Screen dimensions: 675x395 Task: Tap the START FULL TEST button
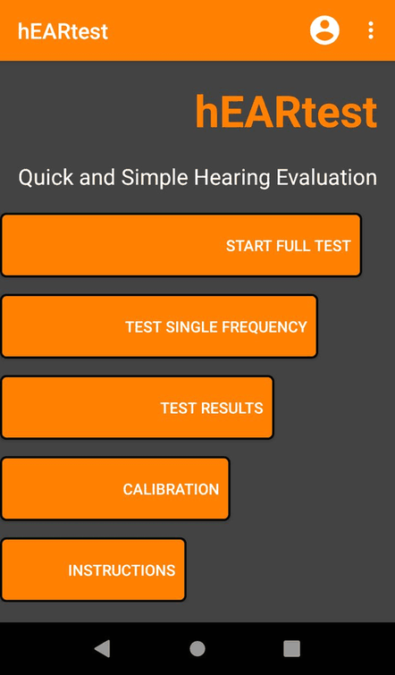click(181, 245)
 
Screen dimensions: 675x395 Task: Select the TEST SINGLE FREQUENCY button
click(159, 326)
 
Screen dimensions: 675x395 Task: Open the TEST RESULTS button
click(137, 408)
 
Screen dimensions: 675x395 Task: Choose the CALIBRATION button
click(114, 489)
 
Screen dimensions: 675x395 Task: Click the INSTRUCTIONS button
click(93, 570)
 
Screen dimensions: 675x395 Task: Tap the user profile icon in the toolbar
click(324, 30)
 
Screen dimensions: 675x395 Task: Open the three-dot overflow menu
click(371, 30)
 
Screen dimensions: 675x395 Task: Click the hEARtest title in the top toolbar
click(63, 31)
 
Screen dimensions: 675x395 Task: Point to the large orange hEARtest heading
click(286, 113)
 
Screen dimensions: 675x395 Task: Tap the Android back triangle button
click(102, 648)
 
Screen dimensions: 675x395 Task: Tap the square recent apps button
click(291, 648)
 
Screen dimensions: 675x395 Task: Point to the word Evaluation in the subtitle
click(326, 177)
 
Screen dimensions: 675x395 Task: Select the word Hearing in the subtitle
click(236, 177)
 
